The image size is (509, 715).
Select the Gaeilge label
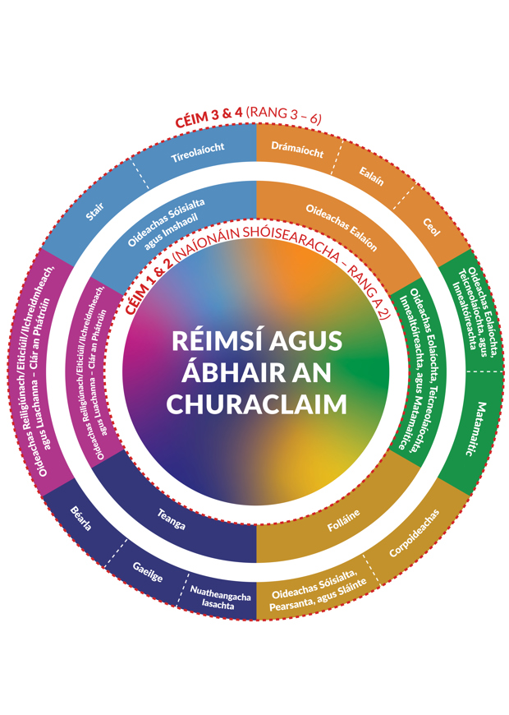point(148,572)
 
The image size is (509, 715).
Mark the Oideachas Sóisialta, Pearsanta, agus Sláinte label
point(314,600)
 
